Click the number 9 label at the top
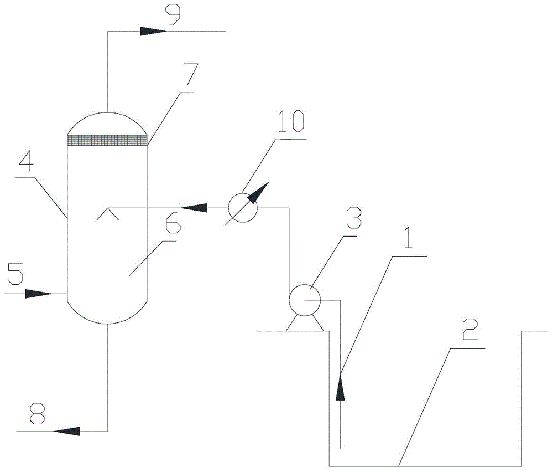174,14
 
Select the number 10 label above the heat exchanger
291,122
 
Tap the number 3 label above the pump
353,218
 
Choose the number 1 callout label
408,237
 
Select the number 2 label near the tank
469,329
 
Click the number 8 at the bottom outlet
38,414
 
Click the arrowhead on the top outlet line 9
153,32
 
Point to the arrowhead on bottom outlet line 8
67,431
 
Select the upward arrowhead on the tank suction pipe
340,387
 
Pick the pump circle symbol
304,300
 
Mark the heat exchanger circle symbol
243,208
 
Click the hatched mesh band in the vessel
107,140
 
